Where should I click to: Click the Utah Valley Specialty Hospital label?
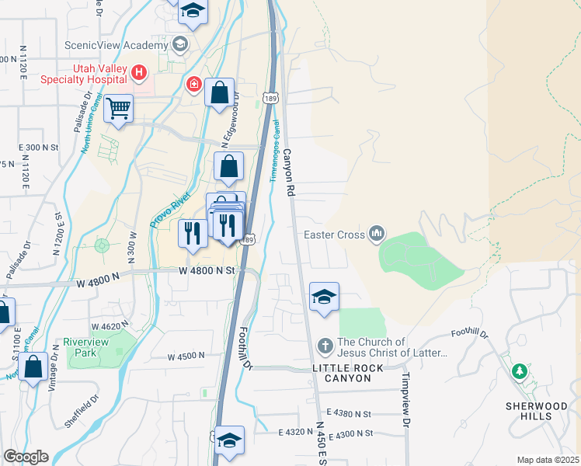[x=99, y=74]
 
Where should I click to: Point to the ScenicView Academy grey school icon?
[x=181, y=43]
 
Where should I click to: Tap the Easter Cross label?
[x=335, y=233]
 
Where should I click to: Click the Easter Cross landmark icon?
[x=377, y=233]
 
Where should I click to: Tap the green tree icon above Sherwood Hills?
[x=519, y=371]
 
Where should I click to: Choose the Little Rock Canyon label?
[x=342, y=372]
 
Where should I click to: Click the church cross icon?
[x=325, y=344]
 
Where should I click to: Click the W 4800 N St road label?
[x=206, y=270]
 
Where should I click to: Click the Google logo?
[x=26, y=457]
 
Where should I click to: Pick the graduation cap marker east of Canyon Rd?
[x=325, y=297]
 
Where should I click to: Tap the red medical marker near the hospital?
[x=192, y=84]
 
